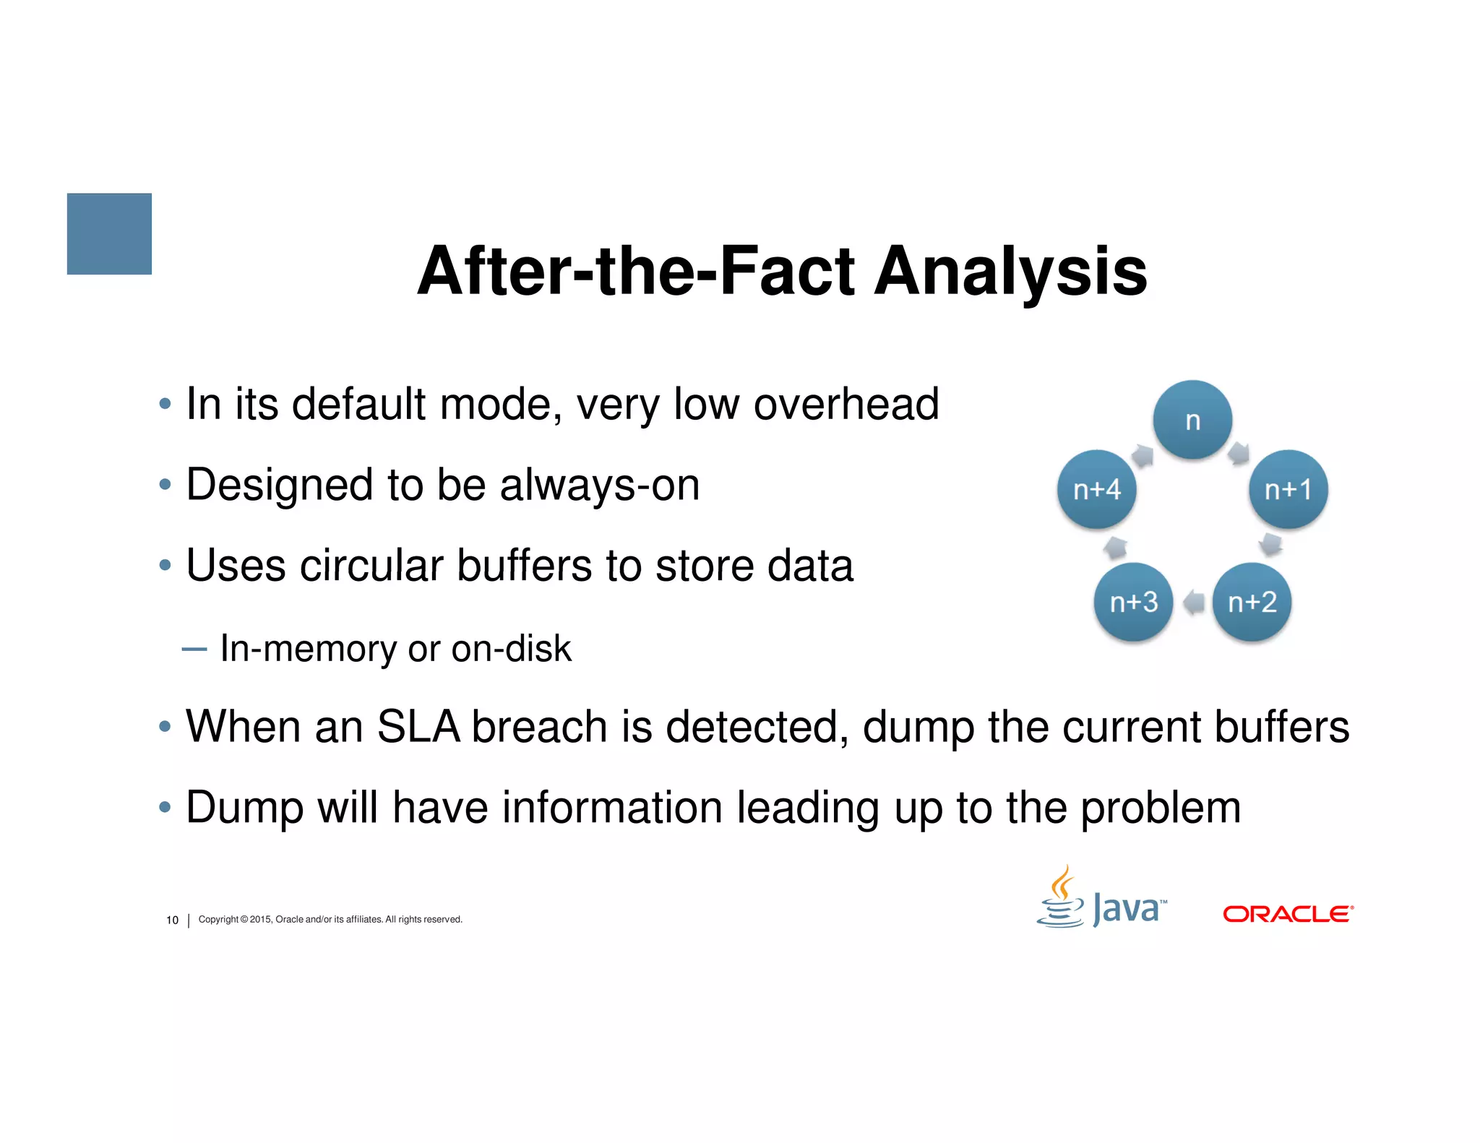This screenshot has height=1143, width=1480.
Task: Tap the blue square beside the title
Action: [x=109, y=233]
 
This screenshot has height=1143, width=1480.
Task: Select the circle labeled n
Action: [x=1192, y=420]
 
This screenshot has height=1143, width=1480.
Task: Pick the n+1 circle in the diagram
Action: [x=1288, y=489]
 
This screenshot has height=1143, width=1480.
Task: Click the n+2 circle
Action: [x=1252, y=602]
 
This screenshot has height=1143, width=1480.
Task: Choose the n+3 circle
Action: [x=1133, y=602]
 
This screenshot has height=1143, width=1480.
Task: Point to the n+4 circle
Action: [x=1096, y=489]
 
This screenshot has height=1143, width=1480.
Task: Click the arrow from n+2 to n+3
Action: [x=1194, y=602]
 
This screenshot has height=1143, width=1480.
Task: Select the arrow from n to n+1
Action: [x=1239, y=453]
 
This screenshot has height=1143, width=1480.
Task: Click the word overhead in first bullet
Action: [x=846, y=404]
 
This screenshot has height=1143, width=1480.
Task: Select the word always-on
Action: [x=599, y=485]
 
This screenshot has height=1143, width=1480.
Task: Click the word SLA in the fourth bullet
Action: [x=418, y=726]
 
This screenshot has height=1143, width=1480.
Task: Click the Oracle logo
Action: [x=1288, y=914]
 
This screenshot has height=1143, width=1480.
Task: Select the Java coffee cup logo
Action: [x=1061, y=897]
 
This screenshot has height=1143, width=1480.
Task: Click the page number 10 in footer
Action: [x=172, y=920]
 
